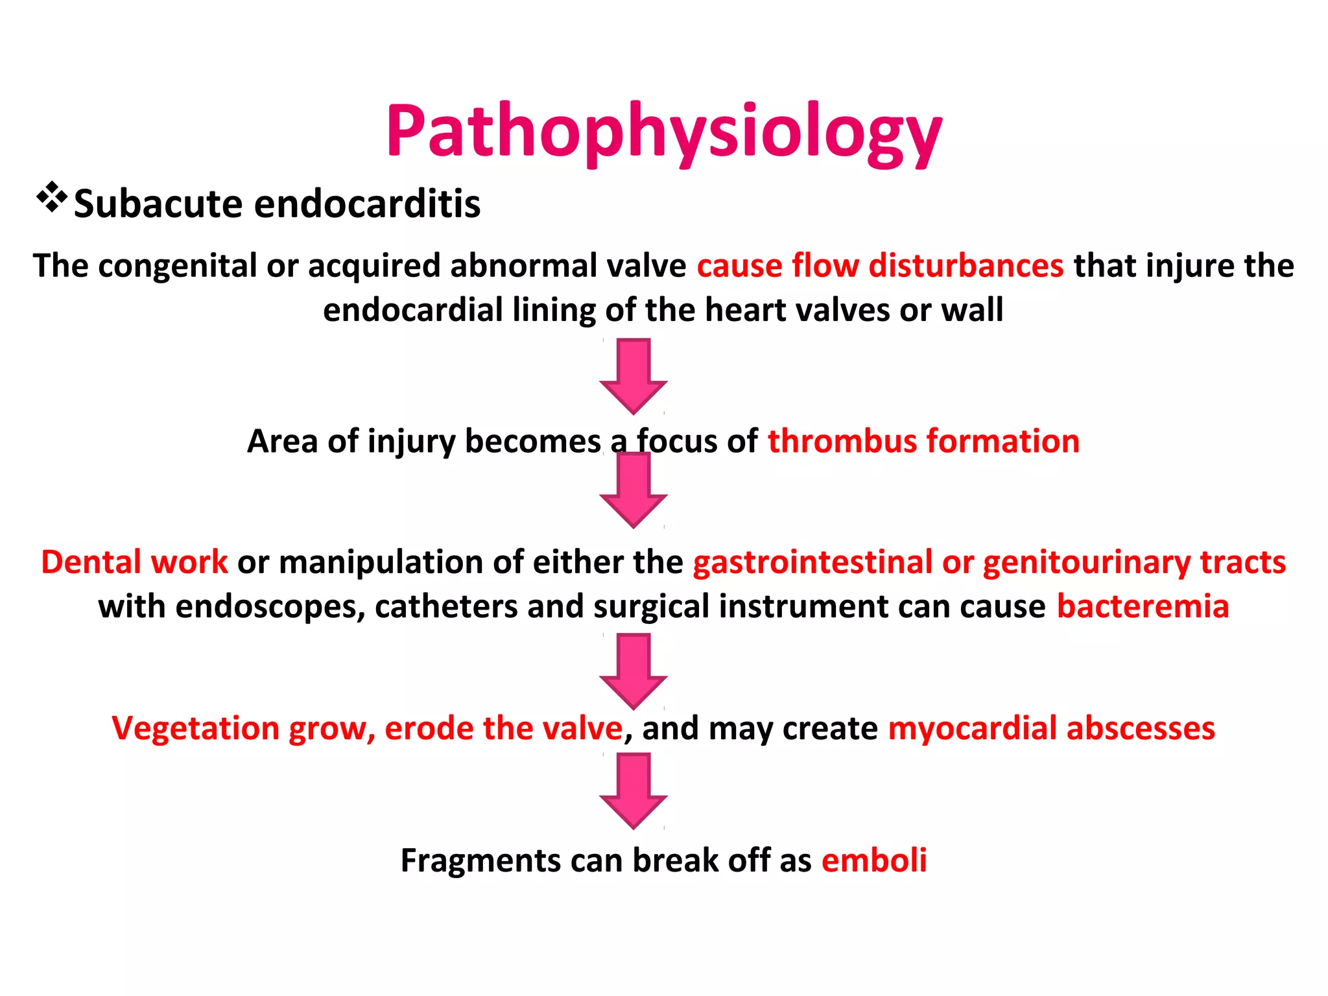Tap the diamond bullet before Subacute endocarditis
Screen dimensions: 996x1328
[x=52, y=198]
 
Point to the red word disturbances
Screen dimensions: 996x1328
[x=966, y=266]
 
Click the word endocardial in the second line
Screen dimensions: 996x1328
[x=412, y=310]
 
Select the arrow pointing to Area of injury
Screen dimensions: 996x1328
[x=634, y=376]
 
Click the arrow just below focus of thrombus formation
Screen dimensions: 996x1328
[x=634, y=490]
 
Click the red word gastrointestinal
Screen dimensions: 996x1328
[x=812, y=562]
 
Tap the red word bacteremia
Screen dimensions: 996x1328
[x=1143, y=607]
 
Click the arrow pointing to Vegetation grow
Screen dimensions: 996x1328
[x=634, y=671]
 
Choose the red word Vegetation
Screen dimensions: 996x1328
[x=196, y=728]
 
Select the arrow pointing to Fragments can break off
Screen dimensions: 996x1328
[x=634, y=790]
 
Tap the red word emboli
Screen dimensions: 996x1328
[x=873, y=860]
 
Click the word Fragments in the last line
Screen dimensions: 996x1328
[x=480, y=861]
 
